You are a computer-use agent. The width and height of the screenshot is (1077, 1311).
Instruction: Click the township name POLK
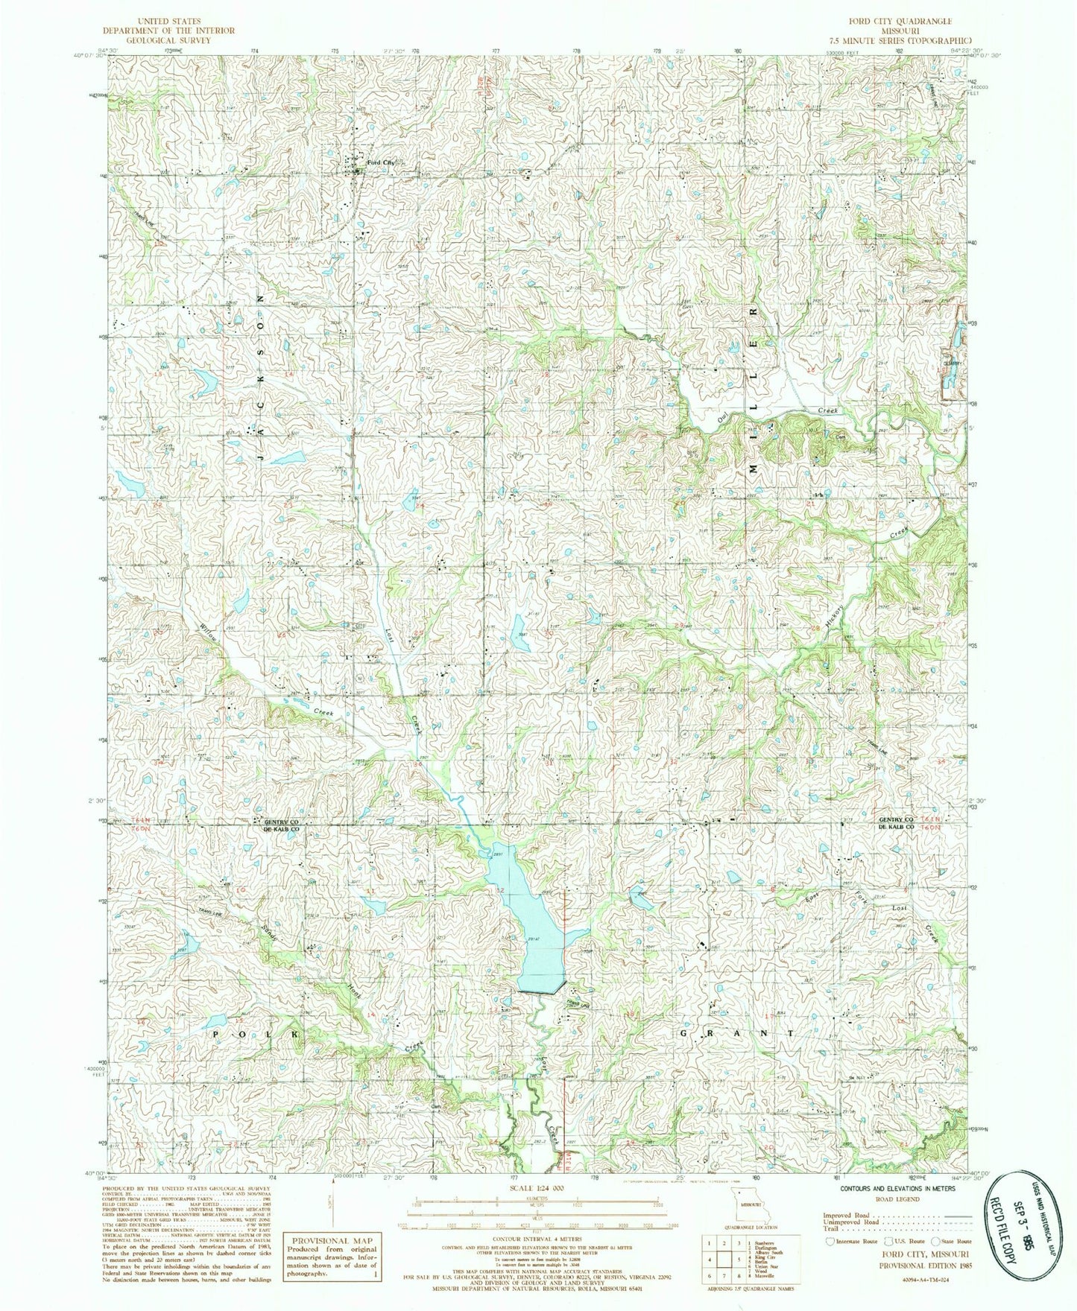coord(257,1035)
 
